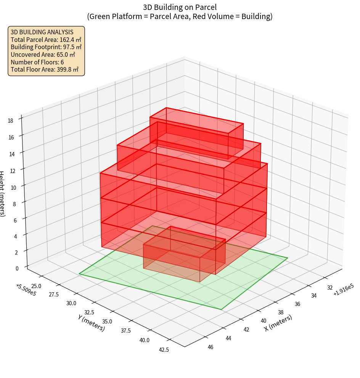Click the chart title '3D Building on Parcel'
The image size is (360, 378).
(180, 7)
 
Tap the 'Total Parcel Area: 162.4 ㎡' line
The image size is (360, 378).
(46, 39)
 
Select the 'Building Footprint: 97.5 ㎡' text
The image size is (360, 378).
(46, 47)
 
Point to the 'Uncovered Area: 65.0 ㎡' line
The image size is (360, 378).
(43, 54)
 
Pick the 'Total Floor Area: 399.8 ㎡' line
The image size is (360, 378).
(45, 70)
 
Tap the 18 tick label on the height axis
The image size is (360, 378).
(11, 121)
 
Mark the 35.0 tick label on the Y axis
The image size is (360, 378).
(107, 321)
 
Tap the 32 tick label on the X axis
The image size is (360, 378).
(329, 288)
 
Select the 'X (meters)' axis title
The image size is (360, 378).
(278, 323)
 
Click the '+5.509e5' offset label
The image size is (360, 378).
(26, 289)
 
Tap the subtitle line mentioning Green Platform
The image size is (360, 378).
(180, 16)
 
